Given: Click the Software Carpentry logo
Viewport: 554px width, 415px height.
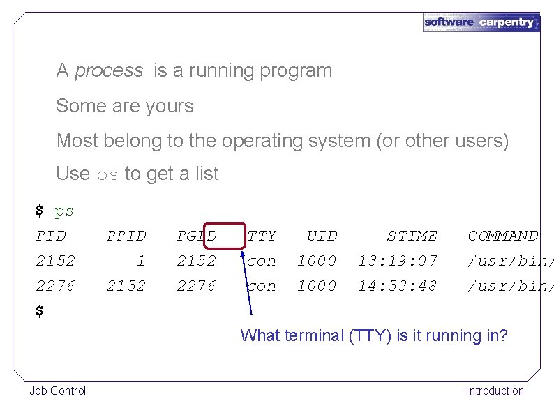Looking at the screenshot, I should [x=481, y=22].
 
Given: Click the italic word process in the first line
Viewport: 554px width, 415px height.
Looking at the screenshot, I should [x=108, y=70].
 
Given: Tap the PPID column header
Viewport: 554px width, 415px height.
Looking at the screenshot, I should [x=126, y=236].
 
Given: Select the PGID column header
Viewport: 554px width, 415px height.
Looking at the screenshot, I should [x=197, y=236].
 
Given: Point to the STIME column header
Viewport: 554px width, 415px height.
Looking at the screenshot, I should [x=412, y=236].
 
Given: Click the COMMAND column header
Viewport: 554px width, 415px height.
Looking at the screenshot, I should [x=503, y=236].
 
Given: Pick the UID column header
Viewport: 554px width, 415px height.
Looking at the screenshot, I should [x=322, y=236].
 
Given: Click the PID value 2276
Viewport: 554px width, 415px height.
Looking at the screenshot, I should [x=56, y=286].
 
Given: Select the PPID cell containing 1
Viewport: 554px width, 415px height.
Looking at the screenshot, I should [x=141, y=261].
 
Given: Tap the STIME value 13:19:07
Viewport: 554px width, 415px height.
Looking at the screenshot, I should [x=398, y=261].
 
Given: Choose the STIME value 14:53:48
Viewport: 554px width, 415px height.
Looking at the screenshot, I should [x=398, y=286].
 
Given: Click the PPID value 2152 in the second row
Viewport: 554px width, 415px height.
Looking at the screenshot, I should [x=126, y=286].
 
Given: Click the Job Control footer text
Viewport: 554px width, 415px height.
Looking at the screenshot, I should [x=58, y=391].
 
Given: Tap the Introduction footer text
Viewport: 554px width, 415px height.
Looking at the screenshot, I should [x=495, y=391].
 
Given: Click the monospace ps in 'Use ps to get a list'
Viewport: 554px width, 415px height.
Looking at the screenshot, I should [x=107, y=174].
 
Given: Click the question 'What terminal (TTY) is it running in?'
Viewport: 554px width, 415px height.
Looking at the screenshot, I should [x=373, y=335].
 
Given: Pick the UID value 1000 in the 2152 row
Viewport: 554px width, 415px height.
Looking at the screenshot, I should [x=317, y=261].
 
